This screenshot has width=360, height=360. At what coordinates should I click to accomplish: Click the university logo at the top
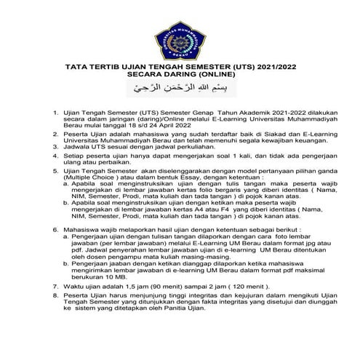tap(180, 31)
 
